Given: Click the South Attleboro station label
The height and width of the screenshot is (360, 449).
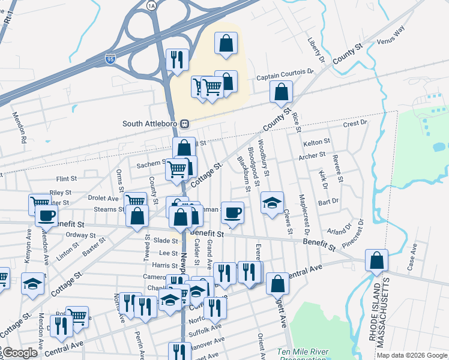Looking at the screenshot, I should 151,124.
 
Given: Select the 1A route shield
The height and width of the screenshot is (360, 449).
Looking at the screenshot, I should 151,5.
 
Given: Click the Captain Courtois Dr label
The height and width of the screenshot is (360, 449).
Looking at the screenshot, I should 285,77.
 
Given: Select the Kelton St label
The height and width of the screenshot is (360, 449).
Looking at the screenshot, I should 317,142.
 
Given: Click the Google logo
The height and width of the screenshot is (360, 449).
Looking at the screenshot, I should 20,353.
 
